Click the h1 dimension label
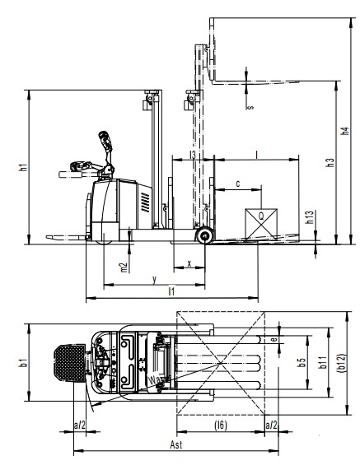pyautogui.click(x=23, y=167)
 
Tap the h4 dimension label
pyautogui.click(x=344, y=131)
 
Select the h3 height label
pyautogui.click(x=330, y=162)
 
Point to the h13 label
pyautogui.click(x=309, y=217)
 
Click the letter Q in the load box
pyautogui.click(x=261, y=216)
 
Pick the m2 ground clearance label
pyautogui.click(x=124, y=267)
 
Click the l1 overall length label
pyautogui.click(x=171, y=291)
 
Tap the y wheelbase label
pyautogui.click(x=154, y=279)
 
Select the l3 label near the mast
pyautogui.click(x=193, y=155)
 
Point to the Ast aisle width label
pyautogui.click(x=176, y=444)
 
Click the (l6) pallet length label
pyautogui.click(x=221, y=425)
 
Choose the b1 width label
pyautogui.click(x=23, y=362)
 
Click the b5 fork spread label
pyautogui.click(x=302, y=362)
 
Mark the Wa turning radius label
pyautogui.click(x=154, y=380)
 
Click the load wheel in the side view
pyautogui.click(x=205, y=235)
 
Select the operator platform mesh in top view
pyautogui.click(x=70, y=363)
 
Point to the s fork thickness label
pyautogui.click(x=250, y=107)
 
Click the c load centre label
pyautogui.click(x=238, y=184)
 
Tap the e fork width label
pyautogui.click(x=274, y=339)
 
